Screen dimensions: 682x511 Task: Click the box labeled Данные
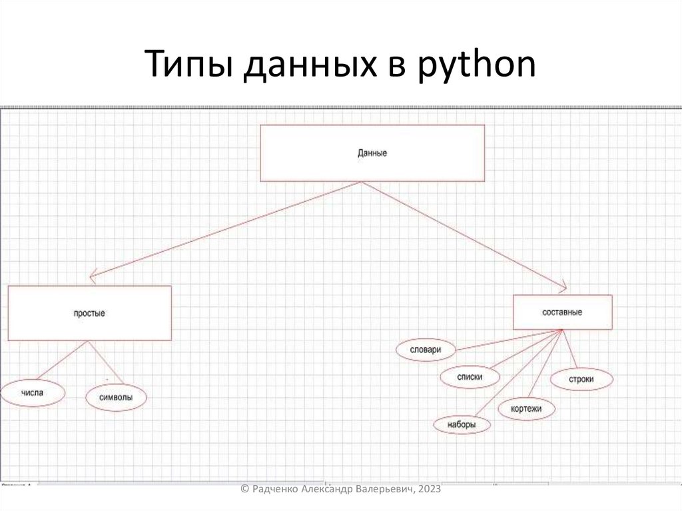click(x=372, y=153)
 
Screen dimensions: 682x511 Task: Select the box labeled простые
click(x=89, y=313)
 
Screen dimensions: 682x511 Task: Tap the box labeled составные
click(x=562, y=312)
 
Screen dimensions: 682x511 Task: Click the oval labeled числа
click(x=33, y=393)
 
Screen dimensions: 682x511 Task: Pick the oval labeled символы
click(x=115, y=398)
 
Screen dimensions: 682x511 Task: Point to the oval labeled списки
click(x=470, y=377)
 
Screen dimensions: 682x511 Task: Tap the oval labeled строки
click(x=581, y=380)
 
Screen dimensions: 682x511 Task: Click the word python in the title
click(x=478, y=67)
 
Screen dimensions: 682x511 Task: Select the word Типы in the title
click(x=187, y=67)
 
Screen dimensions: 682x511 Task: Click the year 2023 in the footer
click(x=430, y=489)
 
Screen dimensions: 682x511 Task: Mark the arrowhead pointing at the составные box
click(x=561, y=287)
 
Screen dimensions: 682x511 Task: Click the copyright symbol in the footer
click(x=244, y=489)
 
